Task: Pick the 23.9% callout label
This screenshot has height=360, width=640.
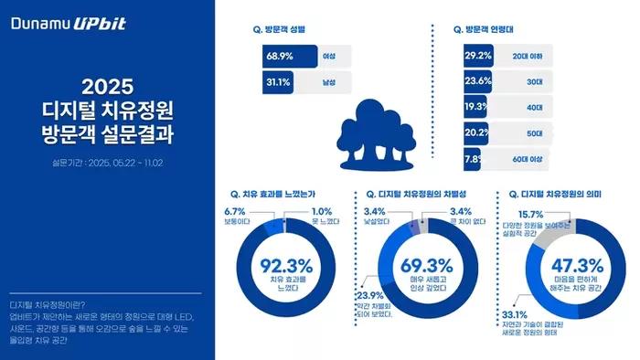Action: click(371, 295)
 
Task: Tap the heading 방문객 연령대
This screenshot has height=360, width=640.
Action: click(485, 29)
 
